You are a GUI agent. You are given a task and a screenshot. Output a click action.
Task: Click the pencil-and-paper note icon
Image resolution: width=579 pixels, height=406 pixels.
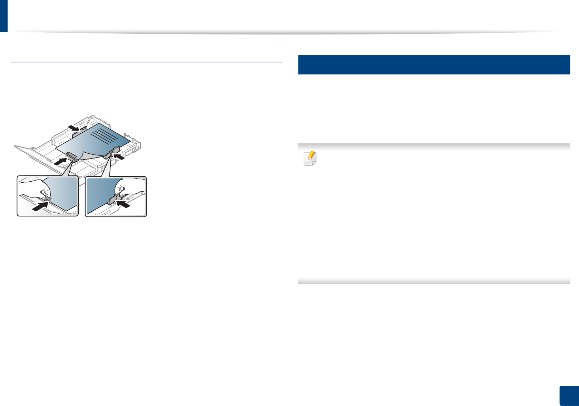[310, 159]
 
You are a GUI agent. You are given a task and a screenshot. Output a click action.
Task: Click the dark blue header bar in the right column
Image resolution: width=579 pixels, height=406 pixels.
[434, 64]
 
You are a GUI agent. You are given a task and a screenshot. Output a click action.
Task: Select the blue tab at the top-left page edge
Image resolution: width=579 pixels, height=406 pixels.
[3, 16]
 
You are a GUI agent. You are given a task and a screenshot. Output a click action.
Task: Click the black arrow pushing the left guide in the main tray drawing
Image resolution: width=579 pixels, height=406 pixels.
[59, 160]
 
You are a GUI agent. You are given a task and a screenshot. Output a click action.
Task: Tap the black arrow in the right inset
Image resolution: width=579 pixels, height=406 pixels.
[124, 204]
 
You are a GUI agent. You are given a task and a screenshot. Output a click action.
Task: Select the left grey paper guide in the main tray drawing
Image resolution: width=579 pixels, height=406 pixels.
[71, 156]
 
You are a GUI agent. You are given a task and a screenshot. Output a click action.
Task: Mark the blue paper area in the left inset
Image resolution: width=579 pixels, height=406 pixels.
[64, 193]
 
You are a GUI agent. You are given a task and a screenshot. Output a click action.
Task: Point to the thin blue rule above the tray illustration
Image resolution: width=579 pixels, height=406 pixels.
[147, 62]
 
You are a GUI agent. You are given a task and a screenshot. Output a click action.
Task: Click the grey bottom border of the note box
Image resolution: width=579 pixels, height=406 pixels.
[434, 281]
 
